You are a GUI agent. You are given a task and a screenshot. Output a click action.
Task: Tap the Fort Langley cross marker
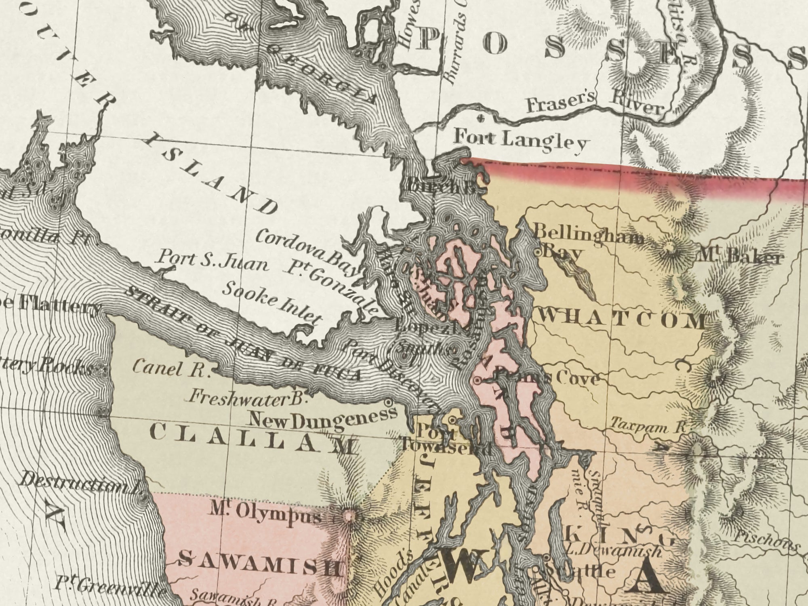coord(480,118)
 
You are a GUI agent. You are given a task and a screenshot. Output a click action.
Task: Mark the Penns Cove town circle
coord(477,380)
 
